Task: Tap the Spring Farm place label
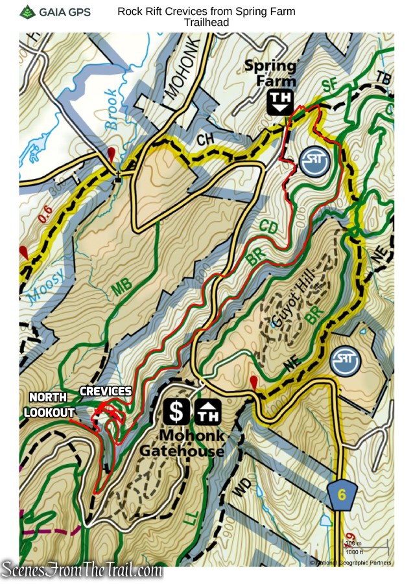270,73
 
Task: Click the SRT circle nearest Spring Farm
315,161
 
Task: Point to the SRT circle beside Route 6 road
345,361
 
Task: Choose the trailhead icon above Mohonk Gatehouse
208,411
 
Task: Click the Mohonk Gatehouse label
193,443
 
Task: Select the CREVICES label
106,391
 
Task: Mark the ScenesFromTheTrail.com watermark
82,570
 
